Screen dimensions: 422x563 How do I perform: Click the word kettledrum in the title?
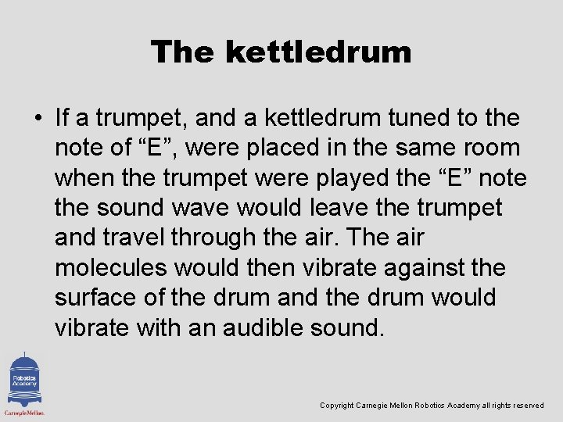pyautogui.click(x=317, y=52)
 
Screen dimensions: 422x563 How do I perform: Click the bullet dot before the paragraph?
pyautogui.click(x=38, y=118)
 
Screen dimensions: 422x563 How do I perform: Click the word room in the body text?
pyautogui.click(x=491, y=148)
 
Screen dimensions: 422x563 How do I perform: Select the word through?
pyautogui.click(x=215, y=238)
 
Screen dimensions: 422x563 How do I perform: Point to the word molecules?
pyautogui.click(x=110, y=268)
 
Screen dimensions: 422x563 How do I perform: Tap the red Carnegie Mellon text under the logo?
pyautogui.click(x=24, y=412)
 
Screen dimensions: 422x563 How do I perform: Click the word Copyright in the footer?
pyautogui.click(x=336, y=406)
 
